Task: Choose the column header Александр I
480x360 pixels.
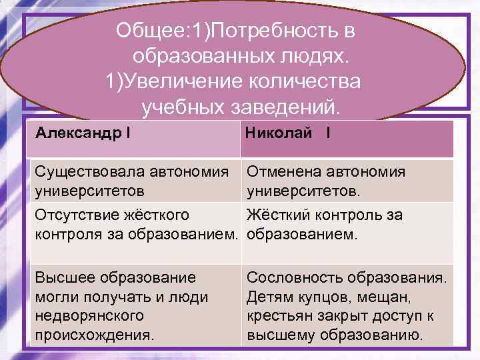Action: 83,133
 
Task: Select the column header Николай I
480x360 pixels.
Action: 288,133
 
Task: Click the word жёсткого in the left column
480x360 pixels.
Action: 160,215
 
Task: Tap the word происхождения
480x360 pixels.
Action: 94,333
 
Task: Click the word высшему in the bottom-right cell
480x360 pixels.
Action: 279,333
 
